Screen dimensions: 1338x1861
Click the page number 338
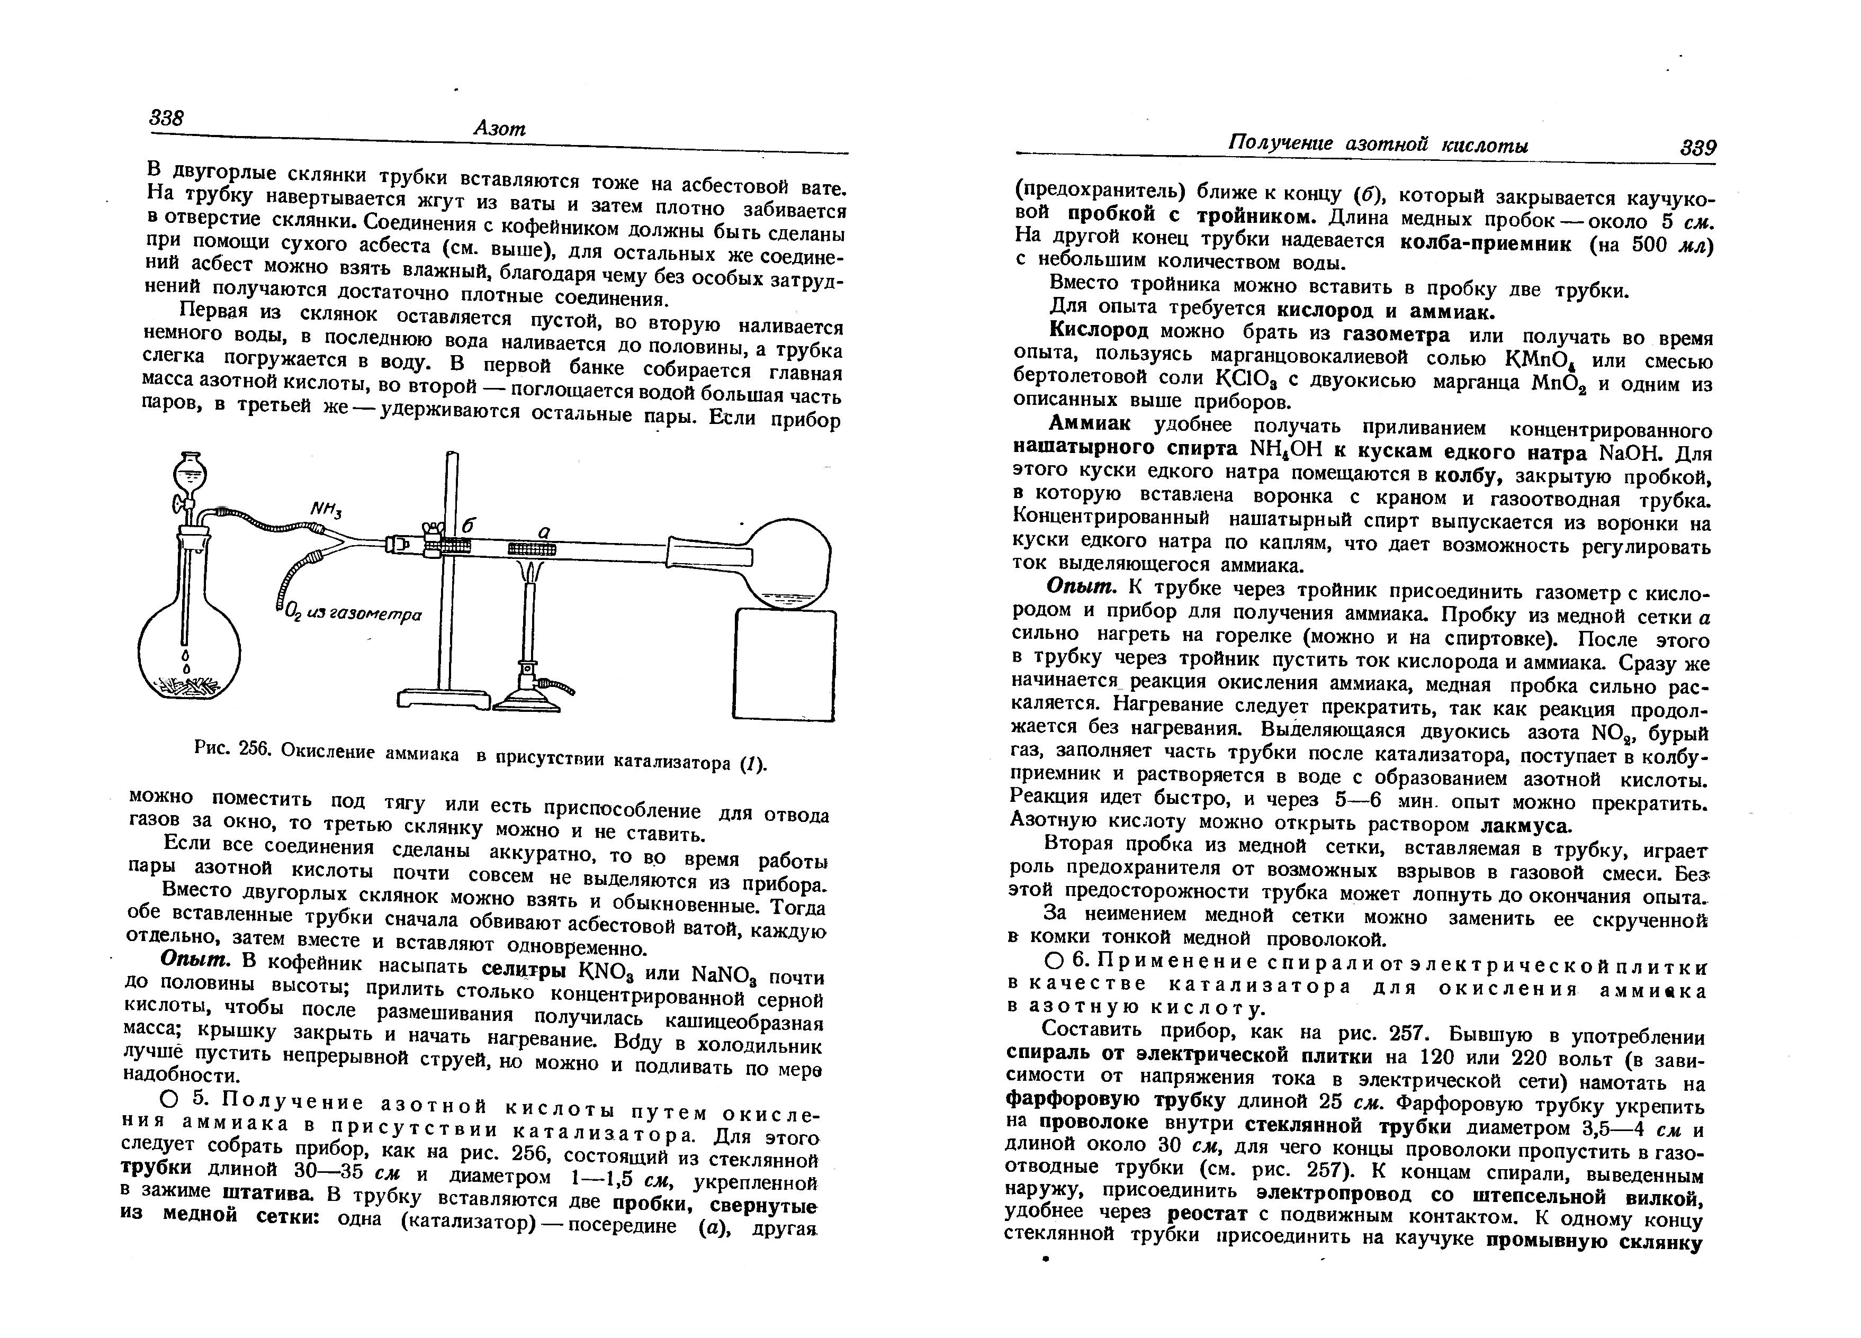[167, 118]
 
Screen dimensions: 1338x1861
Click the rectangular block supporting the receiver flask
[784, 664]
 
